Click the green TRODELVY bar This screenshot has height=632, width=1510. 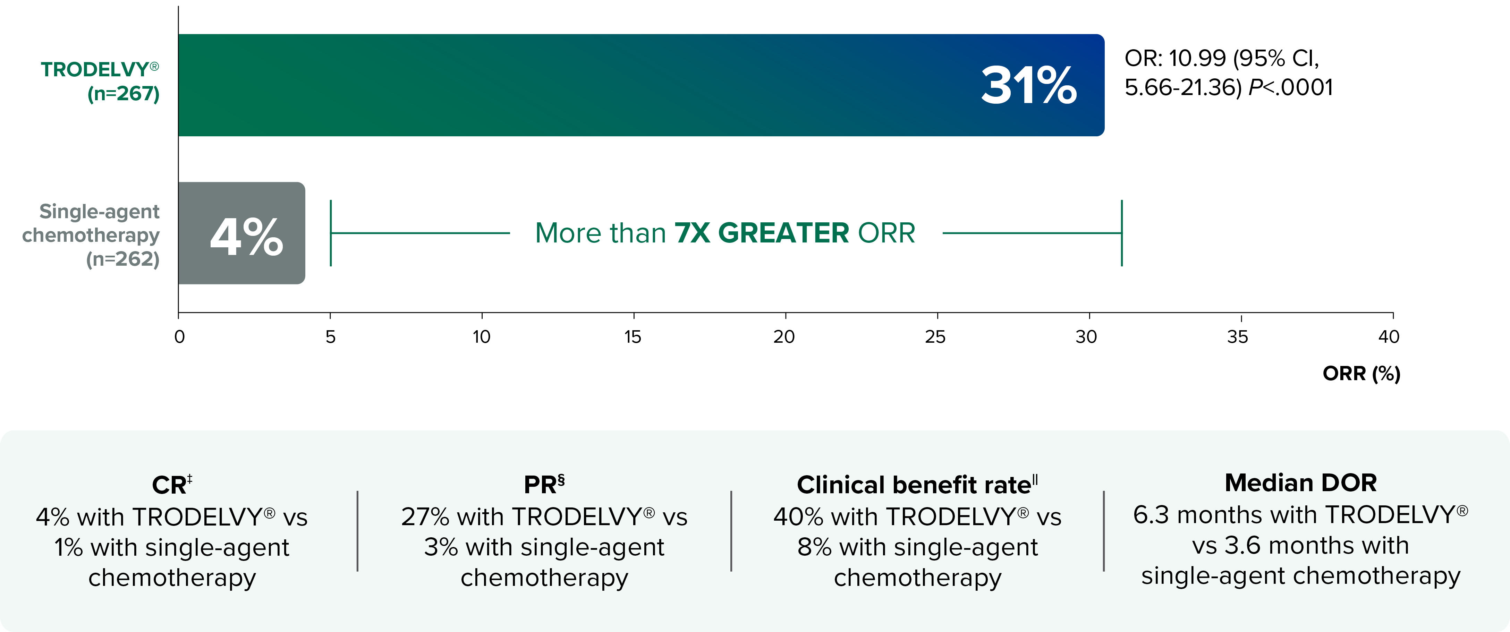[x=586, y=85]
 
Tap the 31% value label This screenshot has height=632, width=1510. [x=1029, y=86]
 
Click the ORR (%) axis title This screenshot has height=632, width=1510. [x=1361, y=374]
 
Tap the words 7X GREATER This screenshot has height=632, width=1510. [x=762, y=233]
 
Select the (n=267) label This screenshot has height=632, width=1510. [x=124, y=93]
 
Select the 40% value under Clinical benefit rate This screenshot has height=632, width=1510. [x=797, y=517]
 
